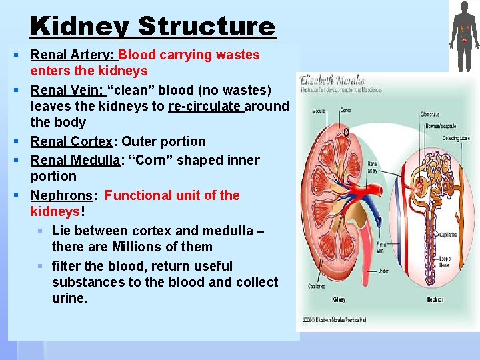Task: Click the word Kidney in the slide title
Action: pos(79,27)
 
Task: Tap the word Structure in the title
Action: pos(207,27)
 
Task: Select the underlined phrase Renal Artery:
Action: pos(73,55)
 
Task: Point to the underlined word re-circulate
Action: pos(206,106)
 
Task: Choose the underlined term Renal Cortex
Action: pos(72,141)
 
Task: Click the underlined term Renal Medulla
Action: pos(75,160)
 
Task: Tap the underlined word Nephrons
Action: pos(61,195)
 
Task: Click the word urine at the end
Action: pos(69,298)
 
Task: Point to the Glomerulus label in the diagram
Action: pos(430,114)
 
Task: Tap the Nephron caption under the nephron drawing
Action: pos(435,300)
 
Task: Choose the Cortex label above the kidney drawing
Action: pos(346,110)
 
